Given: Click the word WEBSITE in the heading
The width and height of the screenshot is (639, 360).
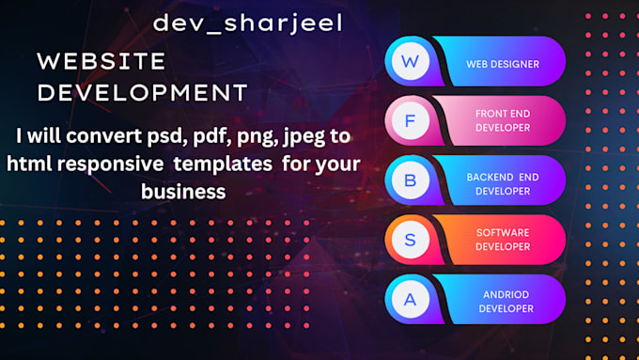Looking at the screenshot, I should click(x=101, y=62).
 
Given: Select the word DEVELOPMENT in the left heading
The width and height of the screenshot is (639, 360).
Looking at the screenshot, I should click(x=142, y=92).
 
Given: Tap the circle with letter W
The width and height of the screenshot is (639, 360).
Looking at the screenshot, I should click(x=410, y=62).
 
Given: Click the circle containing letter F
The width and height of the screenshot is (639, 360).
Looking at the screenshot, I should click(x=410, y=120).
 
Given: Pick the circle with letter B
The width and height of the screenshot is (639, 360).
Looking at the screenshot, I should click(x=410, y=180).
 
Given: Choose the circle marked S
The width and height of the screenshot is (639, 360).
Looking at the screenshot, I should click(x=410, y=239).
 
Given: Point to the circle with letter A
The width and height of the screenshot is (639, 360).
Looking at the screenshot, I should click(x=410, y=299).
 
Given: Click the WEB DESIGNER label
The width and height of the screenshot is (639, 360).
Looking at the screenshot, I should click(x=502, y=64).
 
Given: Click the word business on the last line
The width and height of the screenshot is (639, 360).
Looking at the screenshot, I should click(x=183, y=191).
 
